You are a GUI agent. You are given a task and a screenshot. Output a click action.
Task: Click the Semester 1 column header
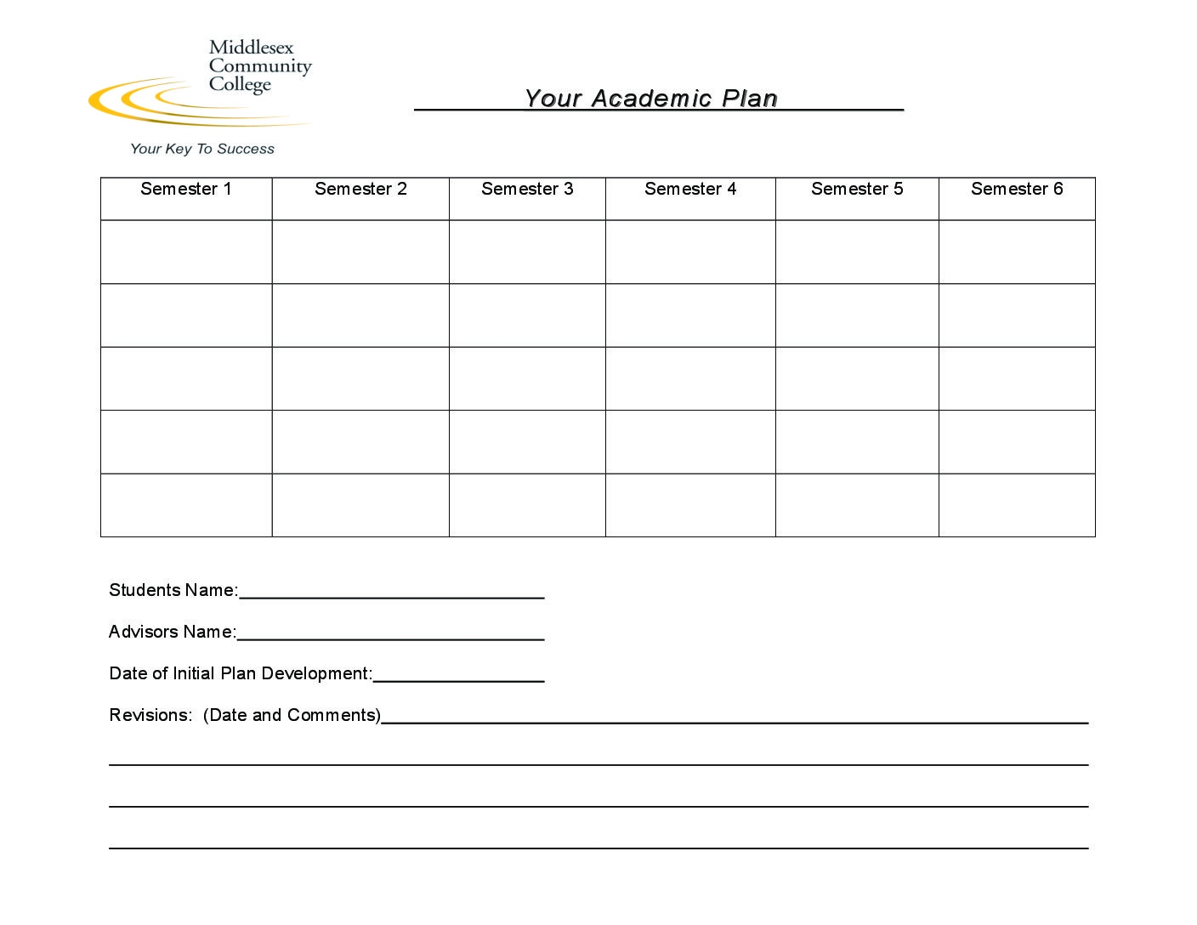pyautogui.click(x=186, y=189)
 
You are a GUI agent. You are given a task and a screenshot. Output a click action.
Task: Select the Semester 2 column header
pyautogui.click(x=360, y=189)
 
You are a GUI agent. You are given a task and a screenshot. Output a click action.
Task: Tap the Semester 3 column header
pyautogui.click(x=527, y=189)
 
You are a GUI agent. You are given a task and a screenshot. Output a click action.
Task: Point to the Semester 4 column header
pyautogui.click(x=690, y=189)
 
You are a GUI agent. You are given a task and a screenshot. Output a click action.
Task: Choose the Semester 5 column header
pyautogui.click(x=857, y=189)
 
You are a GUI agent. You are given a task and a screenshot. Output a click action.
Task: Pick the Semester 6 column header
pyautogui.click(x=1017, y=189)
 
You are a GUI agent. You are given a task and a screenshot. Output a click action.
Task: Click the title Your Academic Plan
pyautogui.click(x=651, y=99)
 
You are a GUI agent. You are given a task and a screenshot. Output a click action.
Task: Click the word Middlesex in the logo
pyautogui.click(x=251, y=48)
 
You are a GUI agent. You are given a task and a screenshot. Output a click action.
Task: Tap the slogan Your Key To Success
pyautogui.click(x=202, y=149)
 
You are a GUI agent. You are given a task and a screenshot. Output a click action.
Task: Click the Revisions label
pyautogui.click(x=150, y=715)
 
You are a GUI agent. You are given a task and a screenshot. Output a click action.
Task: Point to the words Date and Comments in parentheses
pyautogui.click(x=292, y=715)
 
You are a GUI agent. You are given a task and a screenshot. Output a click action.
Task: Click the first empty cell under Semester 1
pyautogui.click(x=186, y=252)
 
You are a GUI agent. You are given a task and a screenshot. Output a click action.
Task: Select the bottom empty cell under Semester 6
pyautogui.click(x=1017, y=505)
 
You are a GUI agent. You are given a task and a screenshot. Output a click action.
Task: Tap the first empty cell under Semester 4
pyautogui.click(x=690, y=252)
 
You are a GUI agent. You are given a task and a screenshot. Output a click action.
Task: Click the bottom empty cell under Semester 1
pyautogui.click(x=186, y=505)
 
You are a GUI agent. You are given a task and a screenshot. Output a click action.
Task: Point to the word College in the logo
pyautogui.click(x=240, y=85)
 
